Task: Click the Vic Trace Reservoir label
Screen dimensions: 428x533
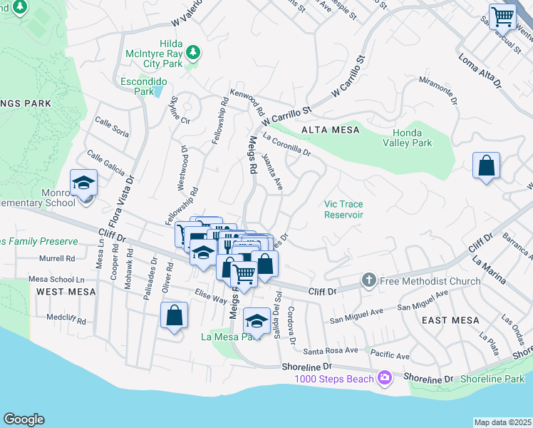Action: (x=343, y=208)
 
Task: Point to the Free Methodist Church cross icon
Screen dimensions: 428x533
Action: (x=368, y=280)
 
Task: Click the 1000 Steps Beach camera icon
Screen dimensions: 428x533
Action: (x=385, y=377)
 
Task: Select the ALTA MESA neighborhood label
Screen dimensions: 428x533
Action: (x=331, y=130)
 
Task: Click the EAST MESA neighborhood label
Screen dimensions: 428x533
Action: (x=450, y=320)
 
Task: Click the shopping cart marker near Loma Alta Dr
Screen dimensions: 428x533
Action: (x=503, y=16)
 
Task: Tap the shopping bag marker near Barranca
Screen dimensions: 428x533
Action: (x=486, y=165)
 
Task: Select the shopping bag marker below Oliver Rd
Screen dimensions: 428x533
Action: (x=174, y=316)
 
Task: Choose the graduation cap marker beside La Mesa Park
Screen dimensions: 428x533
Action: (x=257, y=320)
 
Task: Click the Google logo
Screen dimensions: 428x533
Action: (x=24, y=419)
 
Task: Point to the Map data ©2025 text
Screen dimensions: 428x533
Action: (x=502, y=422)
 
